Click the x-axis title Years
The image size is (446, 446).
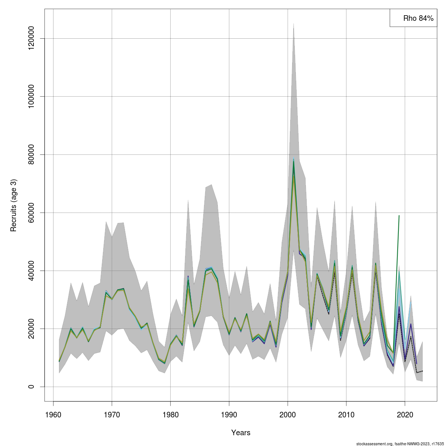point(241,433)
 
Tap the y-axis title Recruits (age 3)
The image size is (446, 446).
point(14,206)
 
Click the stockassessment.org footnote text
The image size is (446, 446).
point(400,443)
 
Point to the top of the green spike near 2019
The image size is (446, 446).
point(399,216)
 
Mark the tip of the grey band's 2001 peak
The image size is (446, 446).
point(294,23)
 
